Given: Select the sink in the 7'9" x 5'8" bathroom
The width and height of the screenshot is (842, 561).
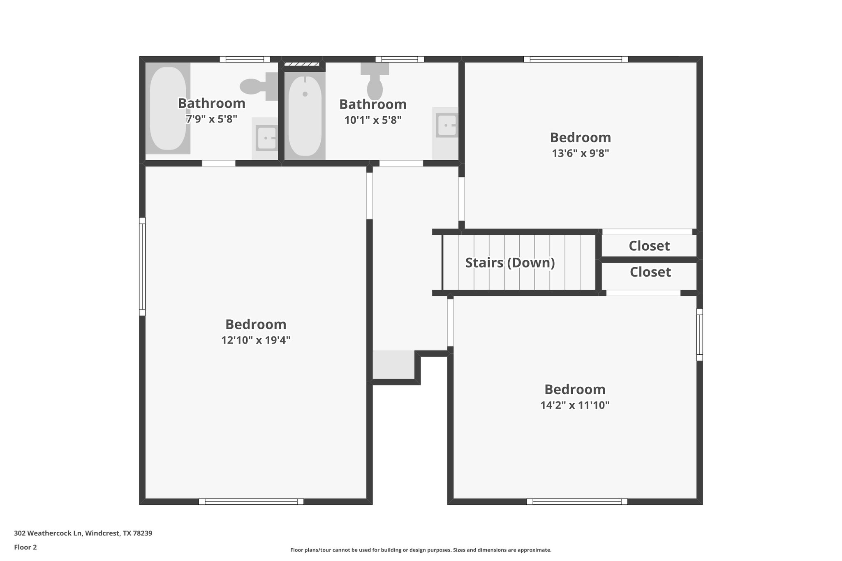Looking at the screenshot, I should (x=266, y=138).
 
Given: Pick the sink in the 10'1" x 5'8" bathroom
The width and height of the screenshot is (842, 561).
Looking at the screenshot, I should (x=446, y=125).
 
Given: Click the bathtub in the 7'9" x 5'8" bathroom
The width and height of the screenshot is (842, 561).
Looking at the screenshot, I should (x=168, y=109).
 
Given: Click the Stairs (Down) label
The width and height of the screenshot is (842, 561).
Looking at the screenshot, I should (x=510, y=263).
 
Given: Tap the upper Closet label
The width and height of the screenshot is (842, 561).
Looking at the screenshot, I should (x=649, y=246).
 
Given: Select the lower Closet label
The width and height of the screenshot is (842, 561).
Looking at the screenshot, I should (x=650, y=272).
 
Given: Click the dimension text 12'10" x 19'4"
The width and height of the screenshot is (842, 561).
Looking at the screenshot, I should (x=256, y=340).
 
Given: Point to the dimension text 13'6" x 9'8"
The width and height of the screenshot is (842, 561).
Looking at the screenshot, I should (x=580, y=153).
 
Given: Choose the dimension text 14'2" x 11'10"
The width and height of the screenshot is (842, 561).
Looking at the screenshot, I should (x=574, y=405).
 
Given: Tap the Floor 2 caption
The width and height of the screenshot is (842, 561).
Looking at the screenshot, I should (x=25, y=547).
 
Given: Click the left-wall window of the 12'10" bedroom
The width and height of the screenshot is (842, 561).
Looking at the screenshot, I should (x=142, y=266).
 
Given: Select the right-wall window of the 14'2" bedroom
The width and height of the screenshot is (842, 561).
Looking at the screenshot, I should (x=699, y=335).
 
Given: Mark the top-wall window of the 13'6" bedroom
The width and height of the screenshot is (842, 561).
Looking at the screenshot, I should (x=576, y=59).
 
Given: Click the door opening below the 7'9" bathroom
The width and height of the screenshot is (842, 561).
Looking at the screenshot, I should (x=218, y=164).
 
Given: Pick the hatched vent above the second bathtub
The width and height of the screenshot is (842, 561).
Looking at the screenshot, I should (x=302, y=64).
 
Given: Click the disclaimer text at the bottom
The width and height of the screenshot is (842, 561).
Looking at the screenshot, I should (x=421, y=550).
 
